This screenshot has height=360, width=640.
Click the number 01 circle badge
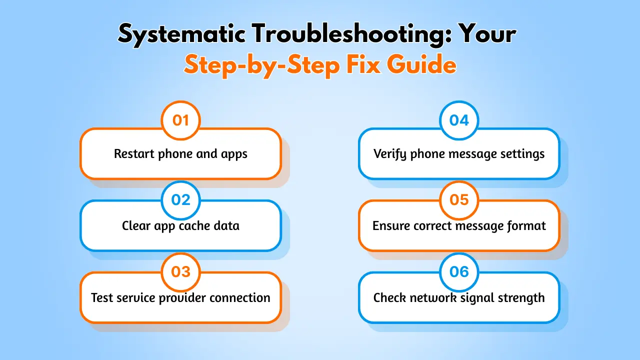[180, 120]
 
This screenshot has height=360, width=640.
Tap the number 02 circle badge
[180, 200]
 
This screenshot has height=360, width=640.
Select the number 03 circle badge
[180, 272]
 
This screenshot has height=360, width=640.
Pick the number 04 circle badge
[459, 120]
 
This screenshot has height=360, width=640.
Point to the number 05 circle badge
[459, 200]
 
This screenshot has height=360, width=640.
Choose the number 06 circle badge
[459, 272]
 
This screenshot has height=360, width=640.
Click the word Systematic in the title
[181, 35]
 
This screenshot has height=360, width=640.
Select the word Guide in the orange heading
[421, 64]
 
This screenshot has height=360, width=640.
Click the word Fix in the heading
[363, 64]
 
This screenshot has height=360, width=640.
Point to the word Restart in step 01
[134, 153]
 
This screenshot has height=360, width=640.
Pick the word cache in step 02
[194, 225]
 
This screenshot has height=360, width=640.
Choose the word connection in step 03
[240, 297]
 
